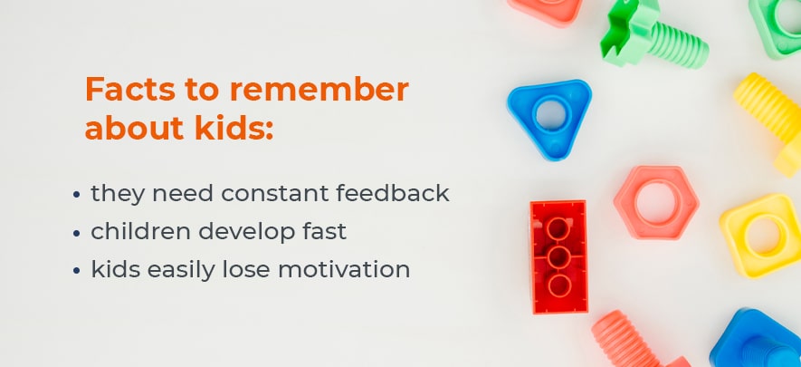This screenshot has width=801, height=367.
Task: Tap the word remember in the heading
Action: [x=319, y=90]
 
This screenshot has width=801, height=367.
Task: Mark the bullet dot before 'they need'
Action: [x=77, y=195]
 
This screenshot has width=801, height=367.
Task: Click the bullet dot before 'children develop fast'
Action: [x=77, y=233]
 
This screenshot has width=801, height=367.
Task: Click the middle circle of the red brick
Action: [x=558, y=257]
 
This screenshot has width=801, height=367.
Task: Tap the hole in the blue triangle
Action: [x=550, y=114]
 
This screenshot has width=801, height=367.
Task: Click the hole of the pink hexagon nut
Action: [x=656, y=202]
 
